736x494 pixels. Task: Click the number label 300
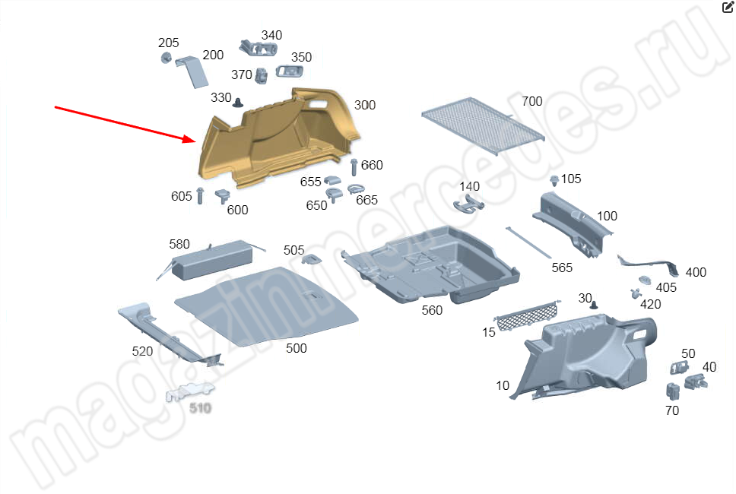tap(365, 105)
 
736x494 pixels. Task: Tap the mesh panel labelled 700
tap(483, 125)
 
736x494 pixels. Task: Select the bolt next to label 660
tap(354, 167)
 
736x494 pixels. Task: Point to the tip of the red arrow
tap(195, 140)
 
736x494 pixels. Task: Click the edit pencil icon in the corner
tap(727, 7)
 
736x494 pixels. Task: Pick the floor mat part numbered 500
tap(267, 306)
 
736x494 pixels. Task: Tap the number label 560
tap(432, 311)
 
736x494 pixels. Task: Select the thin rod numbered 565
tap(528, 242)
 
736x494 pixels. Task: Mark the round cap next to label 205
tap(166, 59)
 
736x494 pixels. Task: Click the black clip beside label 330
tap(238, 103)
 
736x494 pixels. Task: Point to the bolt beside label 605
tap(200, 195)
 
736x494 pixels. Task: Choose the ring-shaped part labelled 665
tap(357, 189)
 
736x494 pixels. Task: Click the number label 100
tap(607, 217)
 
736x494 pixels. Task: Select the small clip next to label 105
tap(554, 180)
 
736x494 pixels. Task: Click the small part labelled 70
tap(673, 391)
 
